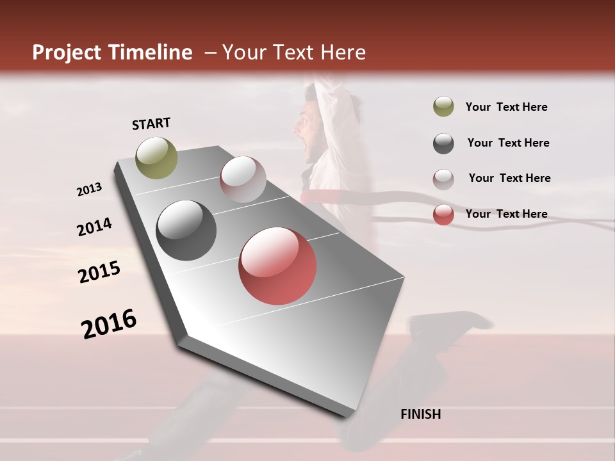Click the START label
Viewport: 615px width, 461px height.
pyautogui.click(x=151, y=124)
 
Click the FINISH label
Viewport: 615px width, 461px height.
pyautogui.click(x=420, y=414)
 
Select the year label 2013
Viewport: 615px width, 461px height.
pyautogui.click(x=89, y=190)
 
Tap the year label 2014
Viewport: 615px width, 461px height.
pyautogui.click(x=94, y=227)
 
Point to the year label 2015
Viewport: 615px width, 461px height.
pyautogui.click(x=99, y=272)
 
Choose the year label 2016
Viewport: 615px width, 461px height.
pyautogui.click(x=109, y=323)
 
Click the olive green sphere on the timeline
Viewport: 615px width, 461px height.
pyautogui.click(x=156, y=158)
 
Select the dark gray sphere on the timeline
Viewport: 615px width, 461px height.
pyautogui.click(x=186, y=230)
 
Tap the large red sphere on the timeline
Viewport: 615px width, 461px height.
pyautogui.click(x=277, y=266)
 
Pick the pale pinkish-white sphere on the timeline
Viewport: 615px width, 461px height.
pyautogui.click(x=243, y=179)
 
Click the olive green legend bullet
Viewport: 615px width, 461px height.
pyautogui.click(x=443, y=107)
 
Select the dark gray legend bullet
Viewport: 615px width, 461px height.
pyautogui.click(x=443, y=143)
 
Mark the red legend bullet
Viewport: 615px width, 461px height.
pyautogui.click(x=443, y=214)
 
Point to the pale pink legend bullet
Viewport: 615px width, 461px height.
pyautogui.click(x=443, y=179)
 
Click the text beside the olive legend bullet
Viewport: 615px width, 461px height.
pyautogui.click(x=506, y=108)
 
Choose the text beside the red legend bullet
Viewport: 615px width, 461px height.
pyautogui.click(x=506, y=214)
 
